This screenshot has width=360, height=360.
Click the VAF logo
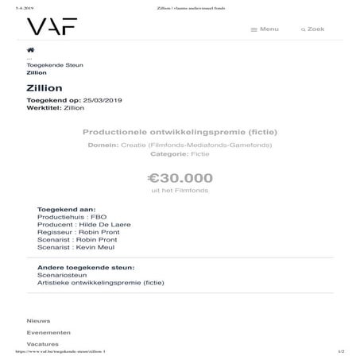tap(52, 28)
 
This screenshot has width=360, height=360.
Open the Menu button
tap(265, 29)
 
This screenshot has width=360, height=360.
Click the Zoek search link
tap(312, 29)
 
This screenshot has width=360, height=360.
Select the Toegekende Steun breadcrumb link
tap(55, 64)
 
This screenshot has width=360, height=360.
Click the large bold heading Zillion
tap(45, 87)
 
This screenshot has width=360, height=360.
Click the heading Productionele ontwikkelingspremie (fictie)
tap(180, 131)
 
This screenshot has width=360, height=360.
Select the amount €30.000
tap(180, 178)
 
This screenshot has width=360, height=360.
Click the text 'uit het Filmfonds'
tap(180, 192)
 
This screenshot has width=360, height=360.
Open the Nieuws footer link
tap(38, 320)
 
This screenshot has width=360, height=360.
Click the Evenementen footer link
tap(48, 332)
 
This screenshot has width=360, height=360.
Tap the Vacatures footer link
tap(43, 344)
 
